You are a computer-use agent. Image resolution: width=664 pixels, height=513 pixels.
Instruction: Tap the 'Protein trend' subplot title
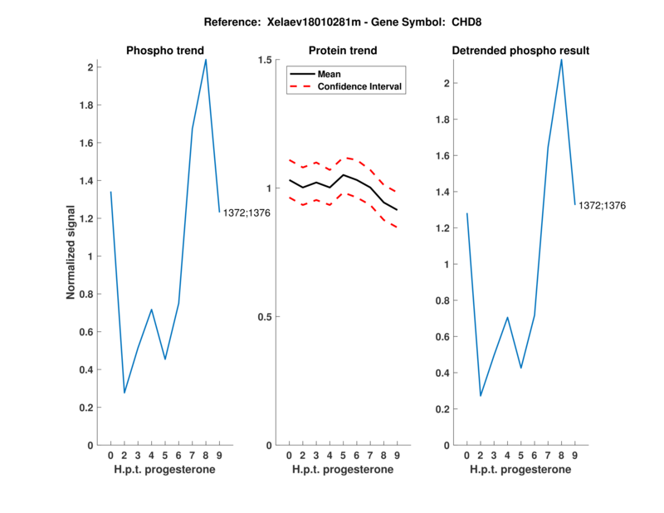pyautogui.click(x=342, y=51)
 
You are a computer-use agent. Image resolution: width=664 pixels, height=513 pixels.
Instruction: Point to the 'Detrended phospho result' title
pyautogui.click(x=520, y=51)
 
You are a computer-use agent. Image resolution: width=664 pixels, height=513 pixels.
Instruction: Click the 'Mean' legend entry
pyautogui.click(x=330, y=74)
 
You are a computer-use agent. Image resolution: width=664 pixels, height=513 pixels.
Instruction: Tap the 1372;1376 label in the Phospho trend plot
pyautogui.click(x=247, y=213)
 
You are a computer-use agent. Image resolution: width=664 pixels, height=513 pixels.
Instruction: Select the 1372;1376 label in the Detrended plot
pyautogui.click(x=603, y=204)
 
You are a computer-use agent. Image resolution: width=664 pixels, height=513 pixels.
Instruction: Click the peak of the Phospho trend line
pyautogui.click(x=206, y=59)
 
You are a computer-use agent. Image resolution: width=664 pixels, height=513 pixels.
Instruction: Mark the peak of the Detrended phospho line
pyautogui.click(x=562, y=59)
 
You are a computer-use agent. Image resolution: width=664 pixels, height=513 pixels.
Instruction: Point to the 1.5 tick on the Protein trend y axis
pyautogui.click(x=266, y=60)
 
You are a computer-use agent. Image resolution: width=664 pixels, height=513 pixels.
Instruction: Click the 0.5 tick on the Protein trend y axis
pyautogui.click(x=266, y=317)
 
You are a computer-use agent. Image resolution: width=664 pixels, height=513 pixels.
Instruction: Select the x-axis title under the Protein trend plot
pyautogui.click(x=342, y=470)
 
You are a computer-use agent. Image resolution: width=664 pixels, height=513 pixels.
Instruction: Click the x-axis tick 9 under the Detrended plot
pyautogui.click(x=575, y=455)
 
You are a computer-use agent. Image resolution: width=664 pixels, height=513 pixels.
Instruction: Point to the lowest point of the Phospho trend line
pyautogui.click(x=124, y=393)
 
